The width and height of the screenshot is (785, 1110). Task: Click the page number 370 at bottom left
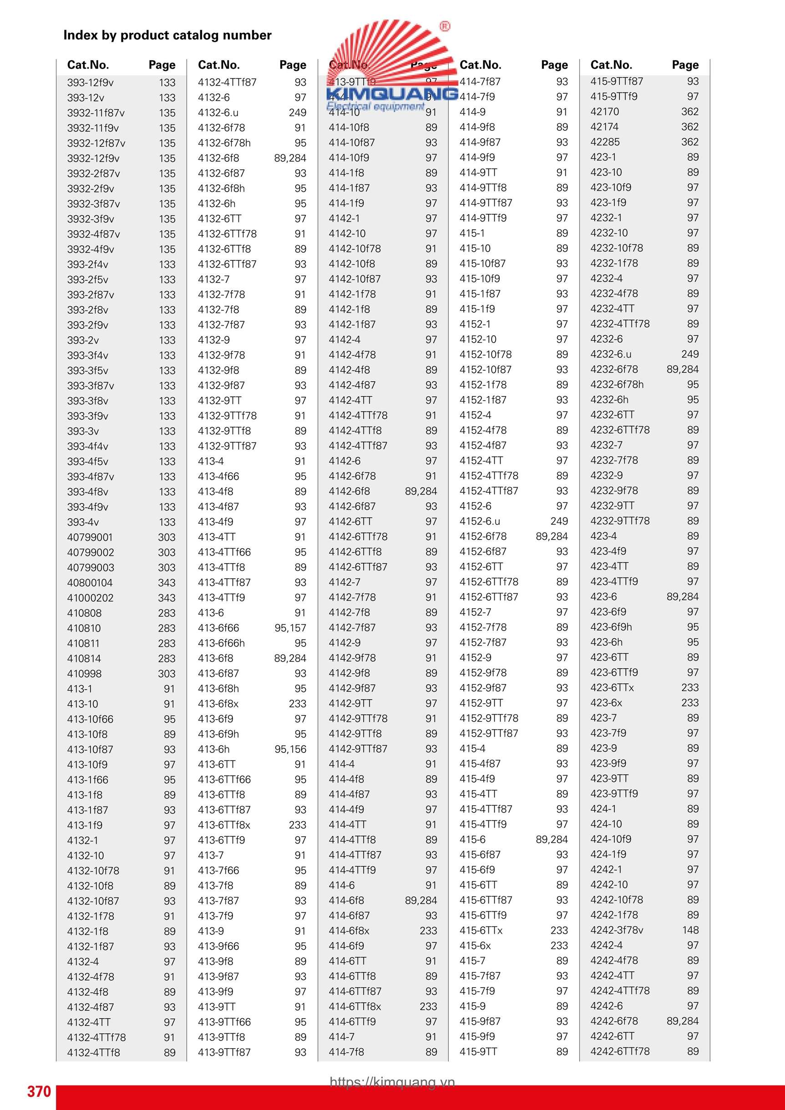[39, 1091]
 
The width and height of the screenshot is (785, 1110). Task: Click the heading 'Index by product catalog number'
[167, 35]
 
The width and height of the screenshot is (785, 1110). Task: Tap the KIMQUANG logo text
[392, 94]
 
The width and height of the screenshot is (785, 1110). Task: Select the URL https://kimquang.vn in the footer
[392, 1082]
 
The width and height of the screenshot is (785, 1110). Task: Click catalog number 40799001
[90, 537]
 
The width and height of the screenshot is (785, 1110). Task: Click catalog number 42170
[605, 111]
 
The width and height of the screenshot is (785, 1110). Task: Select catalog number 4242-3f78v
[617, 930]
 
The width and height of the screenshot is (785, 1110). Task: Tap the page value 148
[690, 930]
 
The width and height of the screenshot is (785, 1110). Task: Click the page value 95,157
[290, 628]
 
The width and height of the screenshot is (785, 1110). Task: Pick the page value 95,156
[290, 749]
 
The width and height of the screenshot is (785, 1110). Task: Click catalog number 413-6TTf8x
[224, 825]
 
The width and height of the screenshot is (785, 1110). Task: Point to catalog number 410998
[85, 673]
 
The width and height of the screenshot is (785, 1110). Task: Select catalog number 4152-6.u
[480, 521]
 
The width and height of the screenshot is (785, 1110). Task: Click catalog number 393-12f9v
[91, 83]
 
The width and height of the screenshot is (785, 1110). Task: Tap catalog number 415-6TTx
[481, 930]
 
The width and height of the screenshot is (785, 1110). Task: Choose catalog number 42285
[605, 142]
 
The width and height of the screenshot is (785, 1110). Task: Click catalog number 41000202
[91, 598]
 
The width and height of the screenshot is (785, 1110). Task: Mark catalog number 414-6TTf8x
[355, 1007]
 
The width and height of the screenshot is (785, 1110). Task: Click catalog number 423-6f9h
[611, 627]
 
